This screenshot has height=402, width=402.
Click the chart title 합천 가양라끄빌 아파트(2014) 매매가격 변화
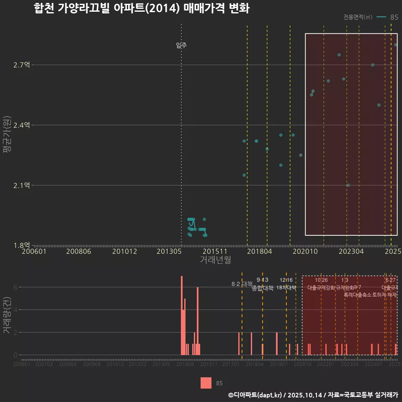coord(142,9)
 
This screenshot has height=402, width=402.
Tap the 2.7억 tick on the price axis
coord(21,65)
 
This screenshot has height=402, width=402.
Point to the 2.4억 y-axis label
coord(21,125)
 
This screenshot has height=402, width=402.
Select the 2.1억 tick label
coord(21,186)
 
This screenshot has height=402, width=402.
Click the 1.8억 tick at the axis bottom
coord(21,245)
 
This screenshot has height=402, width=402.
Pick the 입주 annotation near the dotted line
coord(181,45)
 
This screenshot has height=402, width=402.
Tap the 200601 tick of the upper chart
coord(34,252)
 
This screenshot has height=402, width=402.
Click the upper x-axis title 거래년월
coord(215,260)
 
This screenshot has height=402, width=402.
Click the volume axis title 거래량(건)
coord(7,315)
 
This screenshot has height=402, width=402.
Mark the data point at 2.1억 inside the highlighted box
coord(348,185)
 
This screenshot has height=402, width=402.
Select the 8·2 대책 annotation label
coord(242,284)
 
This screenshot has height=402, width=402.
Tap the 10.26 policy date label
coord(321,280)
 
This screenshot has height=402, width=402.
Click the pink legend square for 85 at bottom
coord(206,383)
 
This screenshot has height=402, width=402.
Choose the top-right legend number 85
coord(394,17)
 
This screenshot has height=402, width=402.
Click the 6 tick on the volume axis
coord(15,287)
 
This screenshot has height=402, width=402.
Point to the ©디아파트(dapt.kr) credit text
coord(255,395)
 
